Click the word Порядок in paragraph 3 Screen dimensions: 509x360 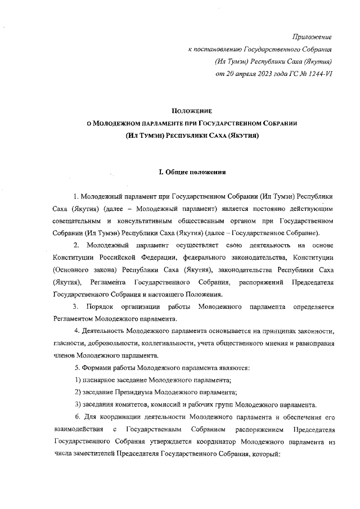point(100,307)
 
